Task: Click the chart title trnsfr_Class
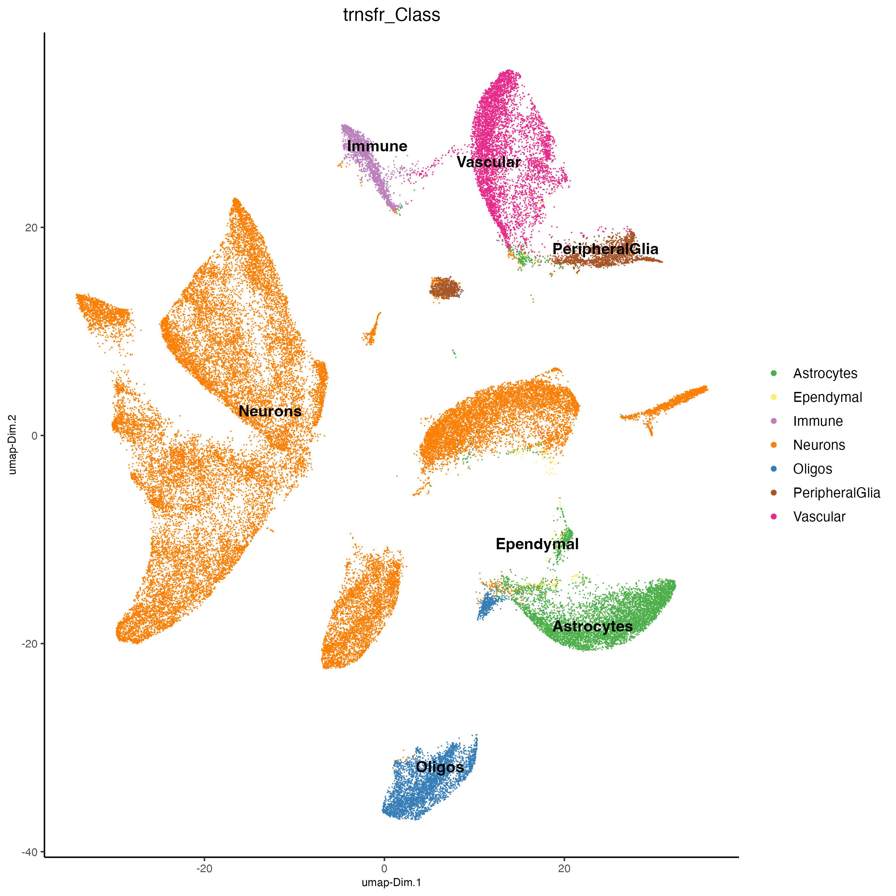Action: (392, 15)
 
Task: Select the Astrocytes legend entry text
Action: (825, 373)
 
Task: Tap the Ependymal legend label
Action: (827, 398)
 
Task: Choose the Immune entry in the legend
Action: (818, 421)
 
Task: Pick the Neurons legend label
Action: (819, 445)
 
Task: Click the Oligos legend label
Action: (812, 469)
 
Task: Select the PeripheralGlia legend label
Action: (836, 493)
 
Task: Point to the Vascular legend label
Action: (819, 517)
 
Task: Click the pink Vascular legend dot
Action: (774, 517)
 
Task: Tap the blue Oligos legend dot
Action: (774, 469)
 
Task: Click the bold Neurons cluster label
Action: (270, 411)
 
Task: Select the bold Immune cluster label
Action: (377, 147)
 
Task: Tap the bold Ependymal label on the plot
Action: (537, 544)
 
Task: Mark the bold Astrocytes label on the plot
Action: (593, 627)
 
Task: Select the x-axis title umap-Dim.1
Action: (392, 882)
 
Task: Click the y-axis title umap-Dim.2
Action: (13, 444)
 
